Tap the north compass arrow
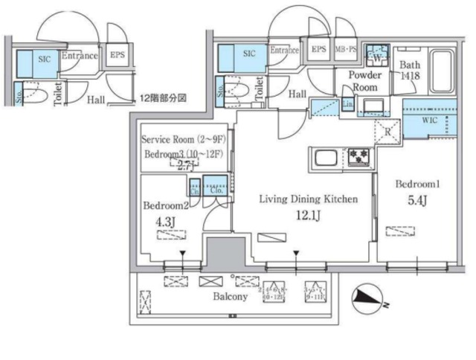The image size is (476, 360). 364,298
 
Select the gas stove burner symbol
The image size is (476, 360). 358,157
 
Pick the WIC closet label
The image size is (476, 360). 431,119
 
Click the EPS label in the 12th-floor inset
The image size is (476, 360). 118,54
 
